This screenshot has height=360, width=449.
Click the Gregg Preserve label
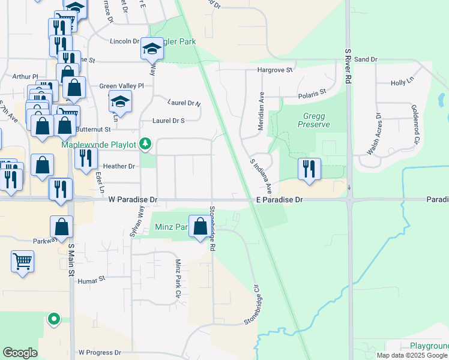313,120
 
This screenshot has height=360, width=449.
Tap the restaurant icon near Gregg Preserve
309,169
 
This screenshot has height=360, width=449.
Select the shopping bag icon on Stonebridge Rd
200,226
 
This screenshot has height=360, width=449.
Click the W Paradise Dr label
133,199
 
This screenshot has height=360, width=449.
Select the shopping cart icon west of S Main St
23,261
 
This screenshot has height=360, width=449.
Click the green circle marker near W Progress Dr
54,319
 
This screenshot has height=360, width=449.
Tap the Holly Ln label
402,83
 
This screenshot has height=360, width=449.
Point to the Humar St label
91,278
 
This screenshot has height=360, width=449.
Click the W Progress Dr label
100,353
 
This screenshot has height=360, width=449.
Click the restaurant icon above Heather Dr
86,158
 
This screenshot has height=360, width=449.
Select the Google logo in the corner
20,353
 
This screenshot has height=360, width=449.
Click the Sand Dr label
365,59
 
